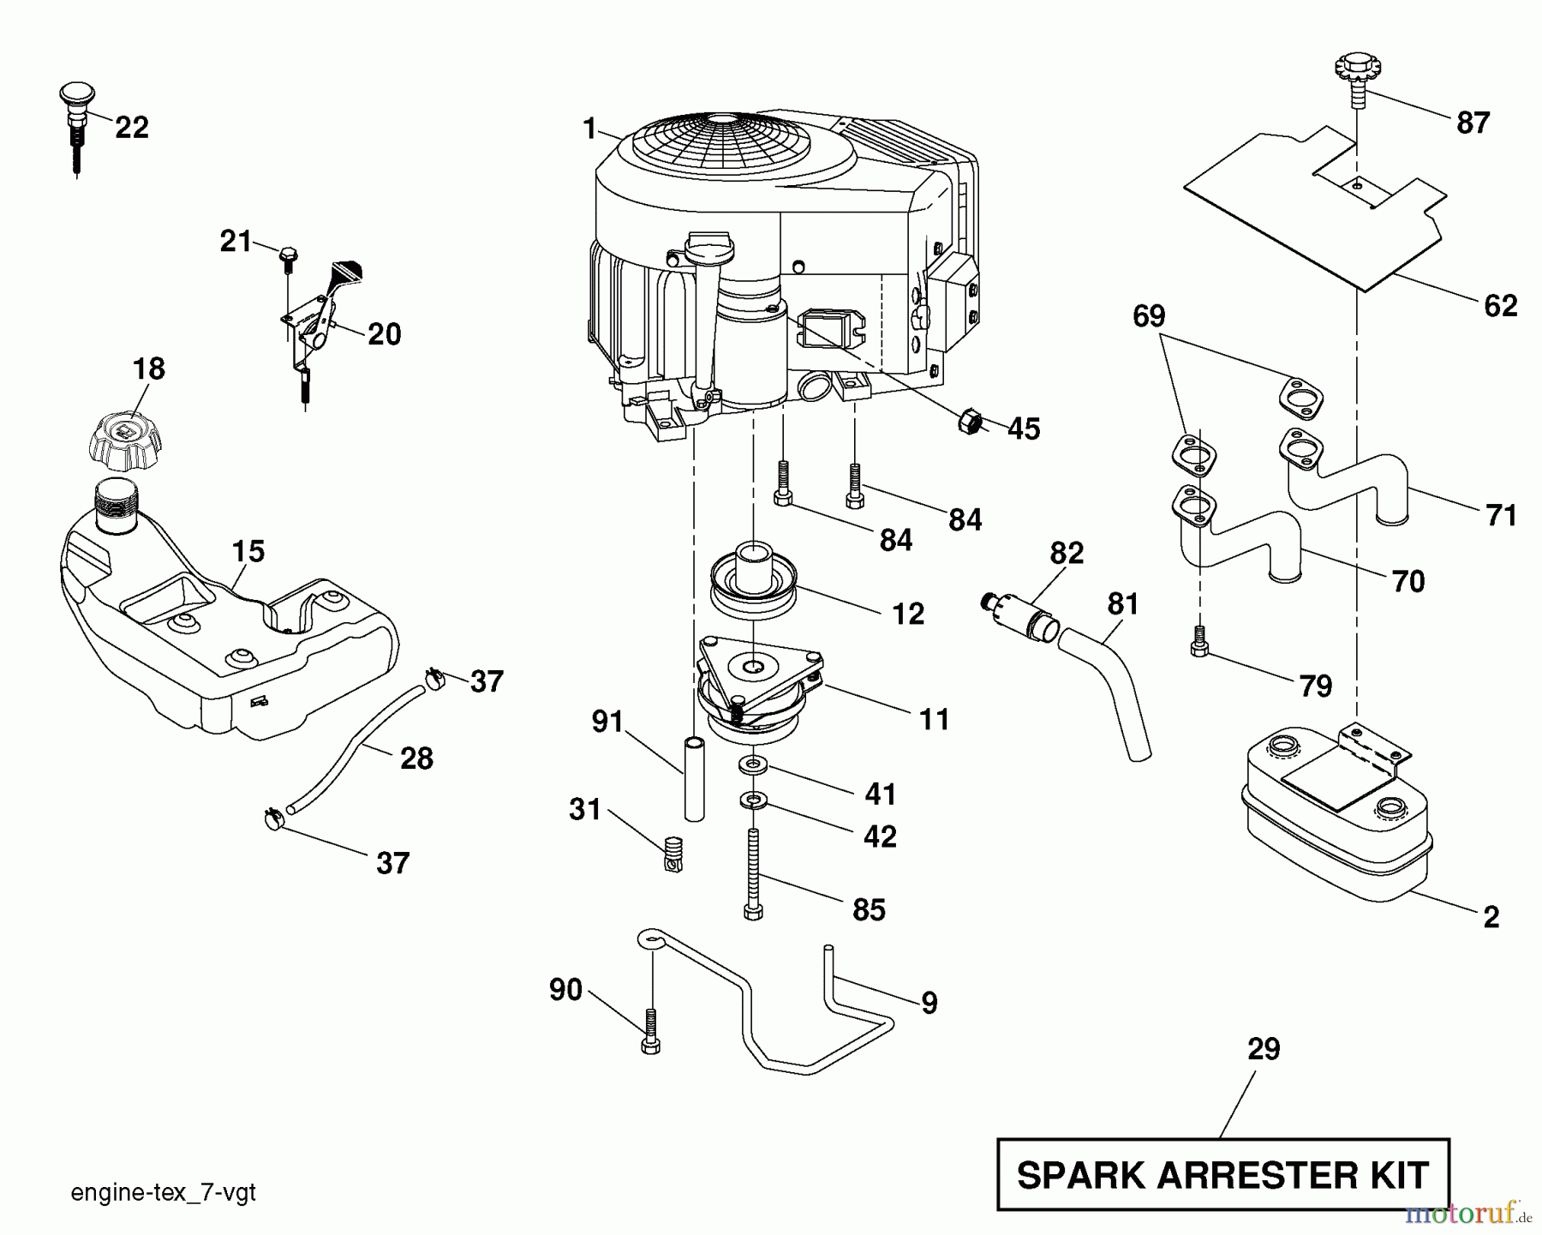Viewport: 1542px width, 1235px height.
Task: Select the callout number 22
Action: click(x=131, y=128)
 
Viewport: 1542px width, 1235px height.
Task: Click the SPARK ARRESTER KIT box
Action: click(x=1222, y=1175)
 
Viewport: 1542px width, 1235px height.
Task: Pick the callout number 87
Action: click(x=1473, y=123)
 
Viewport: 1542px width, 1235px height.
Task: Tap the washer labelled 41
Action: click(x=752, y=763)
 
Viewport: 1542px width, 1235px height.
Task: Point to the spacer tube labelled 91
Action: click(x=695, y=777)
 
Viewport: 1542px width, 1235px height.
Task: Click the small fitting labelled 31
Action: click(x=673, y=854)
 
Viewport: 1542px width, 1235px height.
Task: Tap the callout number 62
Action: click(x=1500, y=306)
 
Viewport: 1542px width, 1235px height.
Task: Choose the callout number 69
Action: click(x=1149, y=316)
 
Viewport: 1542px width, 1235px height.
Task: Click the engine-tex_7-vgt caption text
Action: click(x=163, y=1193)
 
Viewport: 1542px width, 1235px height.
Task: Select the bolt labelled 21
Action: click(x=287, y=255)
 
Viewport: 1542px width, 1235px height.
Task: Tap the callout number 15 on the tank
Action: click(x=248, y=551)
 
